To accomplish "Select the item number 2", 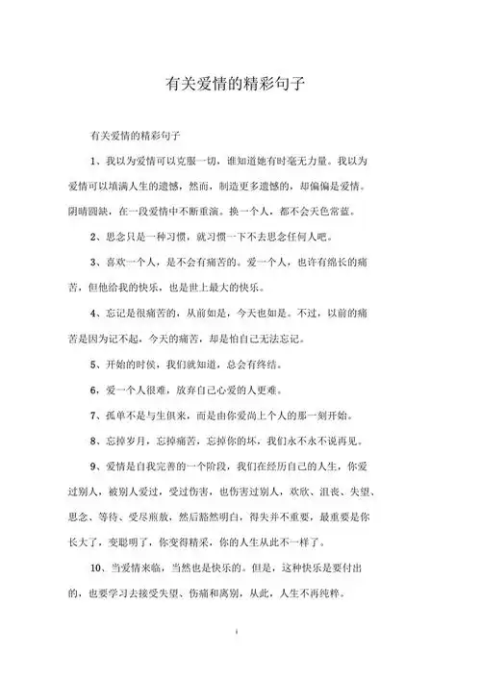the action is coord(93,235).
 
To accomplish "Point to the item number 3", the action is coord(93,261).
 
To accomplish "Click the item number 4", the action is coord(93,313).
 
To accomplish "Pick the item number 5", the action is coord(93,364).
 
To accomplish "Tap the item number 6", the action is coord(93,390).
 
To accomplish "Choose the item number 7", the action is coord(93,416).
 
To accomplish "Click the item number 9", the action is coord(93,467).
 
